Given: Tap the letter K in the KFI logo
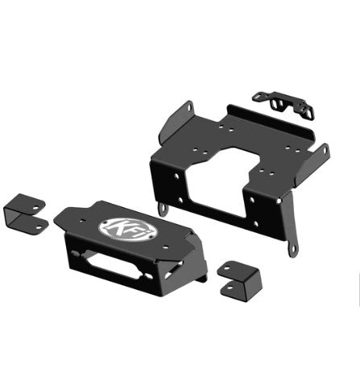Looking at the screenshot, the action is point(116,227).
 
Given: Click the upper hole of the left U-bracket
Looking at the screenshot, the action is point(35,208).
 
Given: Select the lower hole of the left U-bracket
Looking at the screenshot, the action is point(39,227).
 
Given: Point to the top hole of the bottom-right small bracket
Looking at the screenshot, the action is point(227,268).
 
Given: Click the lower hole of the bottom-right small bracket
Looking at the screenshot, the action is point(230,288).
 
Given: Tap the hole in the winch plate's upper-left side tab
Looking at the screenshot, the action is point(189,108).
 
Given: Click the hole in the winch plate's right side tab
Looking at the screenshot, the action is point(325,150).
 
